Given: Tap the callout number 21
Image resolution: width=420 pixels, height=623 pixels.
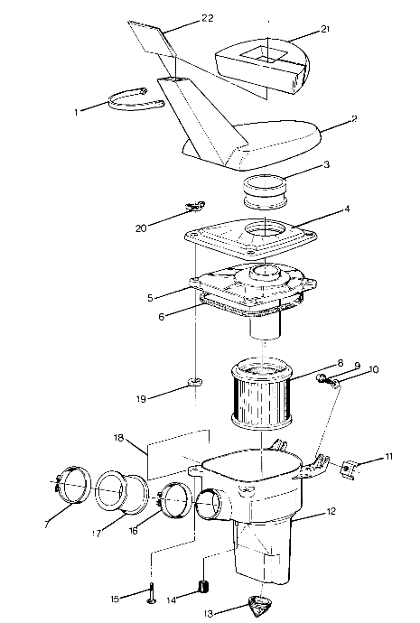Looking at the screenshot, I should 324,30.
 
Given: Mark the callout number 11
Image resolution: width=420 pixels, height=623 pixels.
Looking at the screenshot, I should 389,457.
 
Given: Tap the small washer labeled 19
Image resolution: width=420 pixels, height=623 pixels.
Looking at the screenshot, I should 192,384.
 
